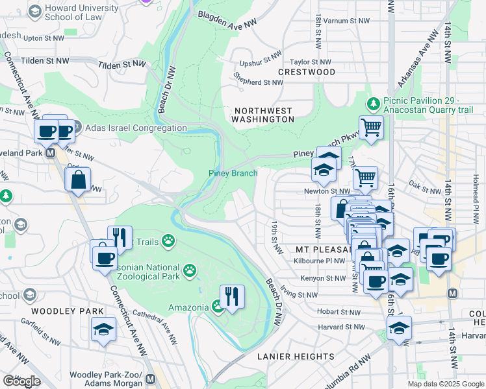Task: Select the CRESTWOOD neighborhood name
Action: point(307,71)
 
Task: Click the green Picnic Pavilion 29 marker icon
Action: point(374,103)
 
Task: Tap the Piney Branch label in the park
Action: point(233,173)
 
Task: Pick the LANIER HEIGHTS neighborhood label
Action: point(296,357)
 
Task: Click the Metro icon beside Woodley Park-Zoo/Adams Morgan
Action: point(151,378)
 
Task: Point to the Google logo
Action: point(21,381)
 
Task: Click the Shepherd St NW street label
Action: point(259,82)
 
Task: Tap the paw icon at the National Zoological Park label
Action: point(190,269)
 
